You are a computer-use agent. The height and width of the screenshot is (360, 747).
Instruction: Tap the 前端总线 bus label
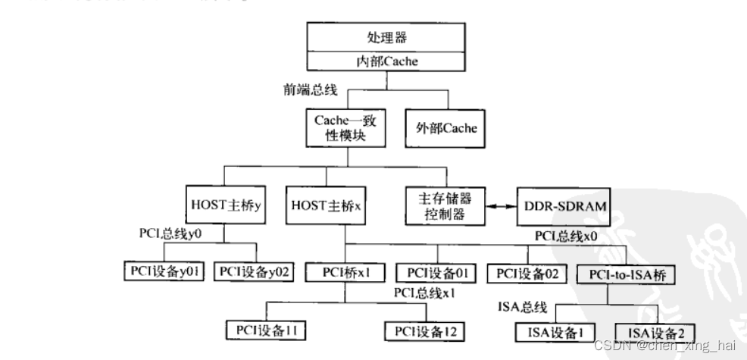tap(309, 89)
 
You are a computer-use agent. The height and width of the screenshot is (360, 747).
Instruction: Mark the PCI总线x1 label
tap(426, 293)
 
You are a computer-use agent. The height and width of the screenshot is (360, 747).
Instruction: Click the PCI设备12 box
tap(424, 330)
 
